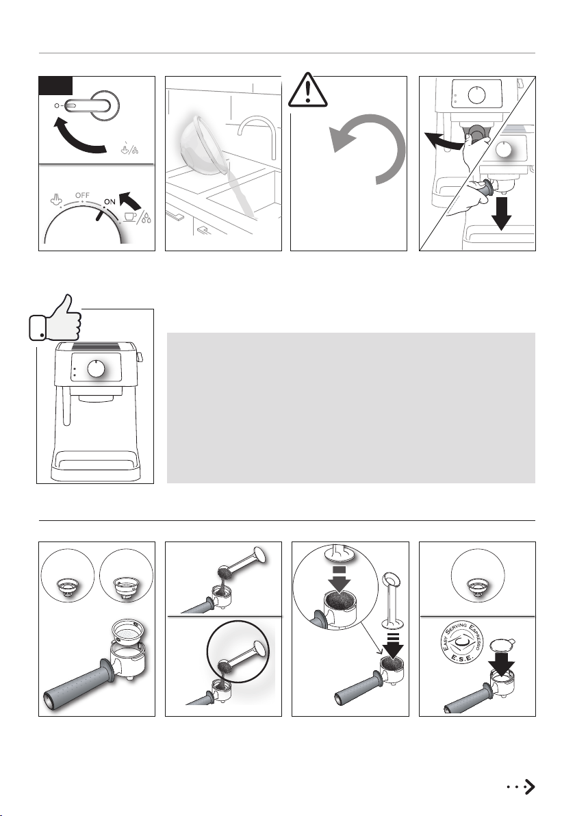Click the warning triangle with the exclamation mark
coord(307,90)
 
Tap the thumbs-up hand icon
coord(55,318)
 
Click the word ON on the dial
coord(110,202)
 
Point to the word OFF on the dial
coord(82,196)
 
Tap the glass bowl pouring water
coord(203,145)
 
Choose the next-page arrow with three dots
coord(521,787)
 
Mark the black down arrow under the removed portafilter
coord(501,213)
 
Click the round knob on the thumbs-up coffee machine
coord(97,368)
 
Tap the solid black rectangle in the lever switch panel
coord(55,86)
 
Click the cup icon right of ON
coord(130,216)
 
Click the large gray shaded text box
coord(350,408)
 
